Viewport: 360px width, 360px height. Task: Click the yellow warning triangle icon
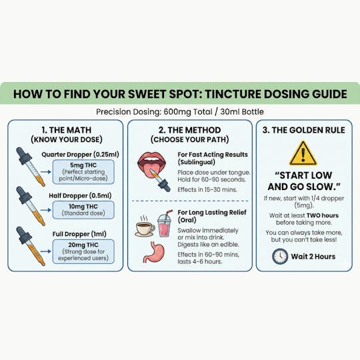(x=303, y=154)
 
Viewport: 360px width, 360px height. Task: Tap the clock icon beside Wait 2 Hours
(x=280, y=257)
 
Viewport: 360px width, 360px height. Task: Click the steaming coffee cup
(x=145, y=227)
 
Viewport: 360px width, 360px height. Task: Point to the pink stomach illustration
(x=154, y=252)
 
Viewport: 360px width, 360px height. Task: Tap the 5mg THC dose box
(x=83, y=172)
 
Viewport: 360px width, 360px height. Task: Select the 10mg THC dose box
(x=83, y=210)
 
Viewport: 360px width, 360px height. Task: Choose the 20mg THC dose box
(x=83, y=251)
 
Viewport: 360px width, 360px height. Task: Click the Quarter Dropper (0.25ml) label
(x=80, y=155)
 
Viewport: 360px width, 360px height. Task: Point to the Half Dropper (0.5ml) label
(x=80, y=195)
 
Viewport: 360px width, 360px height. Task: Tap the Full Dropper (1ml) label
(x=79, y=234)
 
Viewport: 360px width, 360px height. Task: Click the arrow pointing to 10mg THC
(x=46, y=210)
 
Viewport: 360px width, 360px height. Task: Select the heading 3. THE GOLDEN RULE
(x=304, y=130)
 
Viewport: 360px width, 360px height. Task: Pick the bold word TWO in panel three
(x=313, y=215)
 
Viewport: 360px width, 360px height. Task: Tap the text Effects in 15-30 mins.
(x=207, y=189)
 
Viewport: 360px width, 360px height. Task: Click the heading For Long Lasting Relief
(x=212, y=213)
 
